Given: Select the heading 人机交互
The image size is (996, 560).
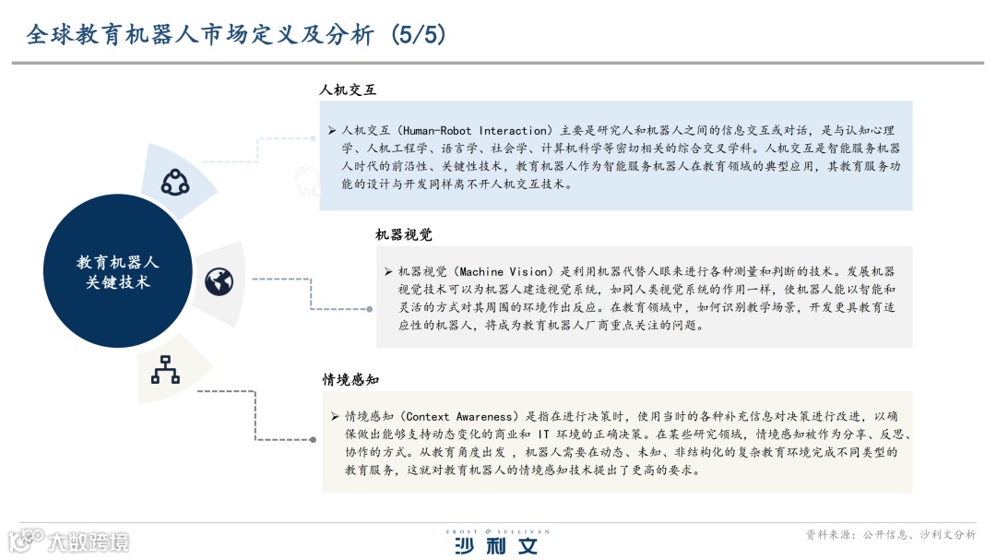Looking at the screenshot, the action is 348,90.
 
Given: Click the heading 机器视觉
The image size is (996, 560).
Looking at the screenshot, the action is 404,235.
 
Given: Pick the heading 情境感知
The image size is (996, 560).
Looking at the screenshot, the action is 350,380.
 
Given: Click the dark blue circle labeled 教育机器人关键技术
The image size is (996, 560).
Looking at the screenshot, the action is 117,271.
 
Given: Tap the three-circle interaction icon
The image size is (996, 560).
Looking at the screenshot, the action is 175,182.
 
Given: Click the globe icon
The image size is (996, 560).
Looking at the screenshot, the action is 219,280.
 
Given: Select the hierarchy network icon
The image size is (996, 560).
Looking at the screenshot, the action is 165,368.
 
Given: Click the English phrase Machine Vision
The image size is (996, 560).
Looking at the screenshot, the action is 506,272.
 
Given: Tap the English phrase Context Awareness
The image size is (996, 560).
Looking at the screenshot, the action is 456,416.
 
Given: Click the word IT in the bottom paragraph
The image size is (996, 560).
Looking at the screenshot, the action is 545,434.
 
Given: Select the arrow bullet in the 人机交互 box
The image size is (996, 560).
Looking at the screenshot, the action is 332,131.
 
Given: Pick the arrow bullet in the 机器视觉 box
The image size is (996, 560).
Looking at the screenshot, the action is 388,272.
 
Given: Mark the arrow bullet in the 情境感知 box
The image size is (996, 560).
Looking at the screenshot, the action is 336,416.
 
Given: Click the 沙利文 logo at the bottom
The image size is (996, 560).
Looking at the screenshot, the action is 495,545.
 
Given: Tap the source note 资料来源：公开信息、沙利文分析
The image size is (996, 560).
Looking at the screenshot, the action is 890,534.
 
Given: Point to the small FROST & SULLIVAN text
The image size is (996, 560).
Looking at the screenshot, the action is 497,531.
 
